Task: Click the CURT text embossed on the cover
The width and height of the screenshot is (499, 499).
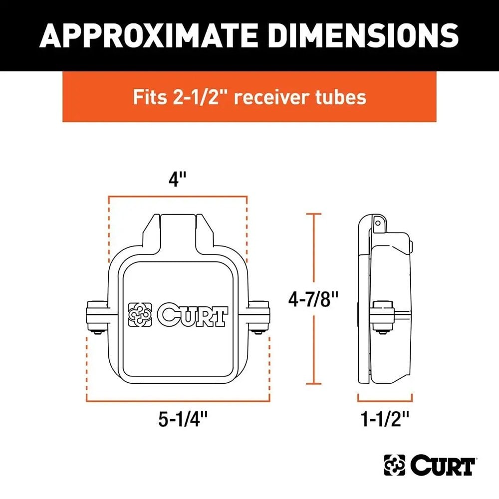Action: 192,315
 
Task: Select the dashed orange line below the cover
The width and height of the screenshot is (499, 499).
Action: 178,401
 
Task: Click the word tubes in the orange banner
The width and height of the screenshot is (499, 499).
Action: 342,96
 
